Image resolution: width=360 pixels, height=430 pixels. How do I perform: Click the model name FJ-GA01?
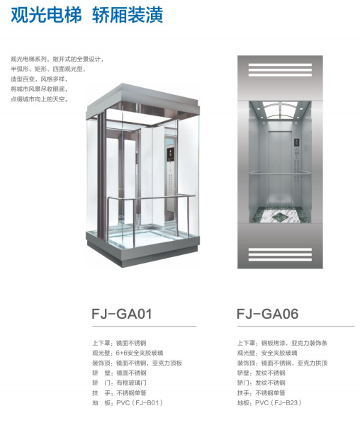[122, 314]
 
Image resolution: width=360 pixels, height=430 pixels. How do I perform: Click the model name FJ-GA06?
[268, 314]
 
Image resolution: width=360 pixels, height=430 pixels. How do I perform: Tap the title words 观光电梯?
[46, 15]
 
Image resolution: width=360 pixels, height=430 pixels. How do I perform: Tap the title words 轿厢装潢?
[128, 15]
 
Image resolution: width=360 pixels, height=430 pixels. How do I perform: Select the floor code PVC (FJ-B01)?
[140, 403]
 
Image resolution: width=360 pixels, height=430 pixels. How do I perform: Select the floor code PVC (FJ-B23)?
[279, 403]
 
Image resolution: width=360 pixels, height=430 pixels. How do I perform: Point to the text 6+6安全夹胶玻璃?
[140, 353]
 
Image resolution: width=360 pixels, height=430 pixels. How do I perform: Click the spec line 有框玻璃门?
[131, 383]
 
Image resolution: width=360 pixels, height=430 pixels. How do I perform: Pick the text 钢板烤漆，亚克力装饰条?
[294, 343]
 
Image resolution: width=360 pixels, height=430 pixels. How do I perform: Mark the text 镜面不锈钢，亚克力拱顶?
[294, 363]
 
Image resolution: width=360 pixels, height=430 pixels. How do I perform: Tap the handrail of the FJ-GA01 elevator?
[152, 198]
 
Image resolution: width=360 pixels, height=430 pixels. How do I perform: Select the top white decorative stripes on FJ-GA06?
[280, 69]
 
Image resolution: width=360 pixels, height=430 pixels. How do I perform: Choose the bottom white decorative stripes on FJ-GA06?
[280, 254]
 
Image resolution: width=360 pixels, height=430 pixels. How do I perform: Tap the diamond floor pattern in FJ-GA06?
[280, 215]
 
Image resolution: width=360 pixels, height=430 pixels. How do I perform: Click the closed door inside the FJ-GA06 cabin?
[280, 169]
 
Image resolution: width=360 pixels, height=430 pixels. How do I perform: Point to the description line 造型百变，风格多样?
[39, 79]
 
